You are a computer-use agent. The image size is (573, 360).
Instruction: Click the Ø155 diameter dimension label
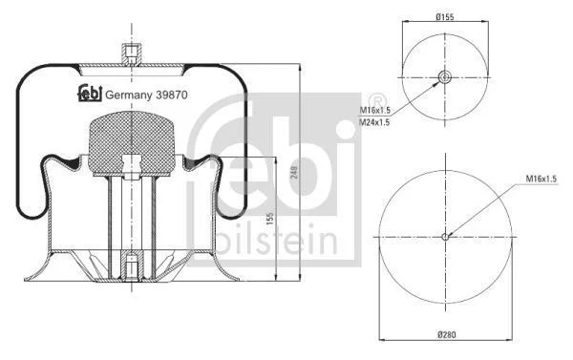pos(445,17)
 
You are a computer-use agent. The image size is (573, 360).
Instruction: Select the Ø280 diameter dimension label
pos(447,334)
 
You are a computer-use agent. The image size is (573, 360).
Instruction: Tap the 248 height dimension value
pos(294,173)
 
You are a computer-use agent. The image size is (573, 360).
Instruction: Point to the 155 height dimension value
pos(269,219)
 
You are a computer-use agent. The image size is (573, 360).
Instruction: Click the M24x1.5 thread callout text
pos(374,122)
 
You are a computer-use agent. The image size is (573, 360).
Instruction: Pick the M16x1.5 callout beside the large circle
pos(541,179)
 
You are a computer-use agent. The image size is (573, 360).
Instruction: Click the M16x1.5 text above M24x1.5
pos(375,110)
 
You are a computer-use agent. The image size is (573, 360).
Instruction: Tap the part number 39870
pos(172,95)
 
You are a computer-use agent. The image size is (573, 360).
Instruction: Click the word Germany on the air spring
pos(128,95)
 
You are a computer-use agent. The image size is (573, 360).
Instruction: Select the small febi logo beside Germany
pos(90,94)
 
